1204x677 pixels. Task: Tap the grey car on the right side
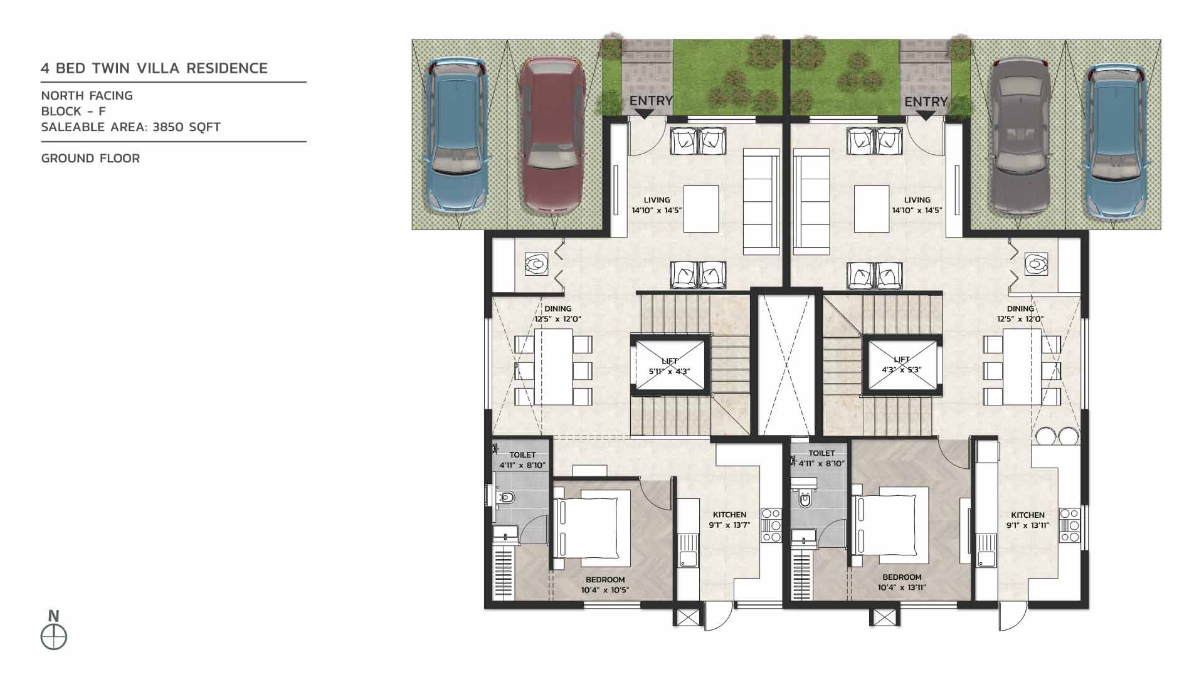pyautogui.click(x=1020, y=135)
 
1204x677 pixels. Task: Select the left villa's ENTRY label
pyautogui.click(x=650, y=101)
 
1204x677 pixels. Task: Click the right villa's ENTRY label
pyautogui.click(x=926, y=102)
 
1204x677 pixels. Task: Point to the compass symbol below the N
pyautogui.click(x=54, y=638)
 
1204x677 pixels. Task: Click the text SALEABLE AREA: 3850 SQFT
pyautogui.click(x=130, y=127)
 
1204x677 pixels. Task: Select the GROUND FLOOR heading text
pyautogui.click(x=90, y=159)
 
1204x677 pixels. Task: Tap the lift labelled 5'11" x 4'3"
pyautogui.click(x=670, y=366)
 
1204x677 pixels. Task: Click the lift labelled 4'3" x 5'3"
pyautogui.click(x=901, y=365)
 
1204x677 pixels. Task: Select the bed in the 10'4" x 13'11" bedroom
pyautogui.click(x=890, y=523)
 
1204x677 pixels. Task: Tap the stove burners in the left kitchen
pyautogui.click(x=771, y=525)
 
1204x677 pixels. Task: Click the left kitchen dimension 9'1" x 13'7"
pyautogui.click(x=729, y=525)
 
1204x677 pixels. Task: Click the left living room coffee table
pyautogui.click(x=701, y=207)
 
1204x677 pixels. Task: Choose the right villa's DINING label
pyautogui.click(x=1020, y=308)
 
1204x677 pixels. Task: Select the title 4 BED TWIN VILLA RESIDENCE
pyautogui.click(x=154, y=68)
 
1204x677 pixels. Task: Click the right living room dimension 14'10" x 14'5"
pyautogui.click(x=917, y=211)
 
